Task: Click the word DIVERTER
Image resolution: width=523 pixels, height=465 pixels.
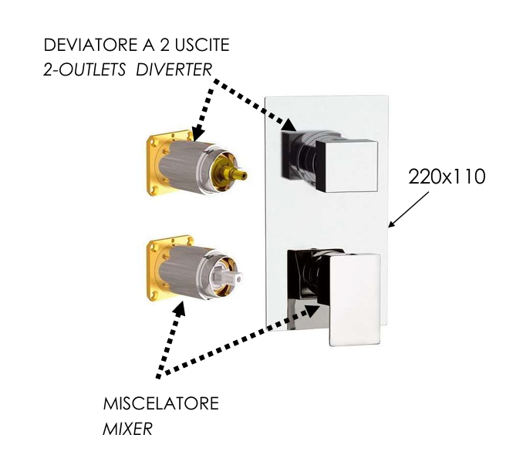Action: pyautogui.click(x=174, y=70)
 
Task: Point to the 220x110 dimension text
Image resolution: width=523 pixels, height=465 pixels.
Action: pyautogui.click(x=447, y=177)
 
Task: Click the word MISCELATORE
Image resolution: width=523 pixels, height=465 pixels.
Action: pyautogui.click(x=161, y=403)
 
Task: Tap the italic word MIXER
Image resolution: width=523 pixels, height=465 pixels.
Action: pyautogui.click(x=127, y=428)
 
